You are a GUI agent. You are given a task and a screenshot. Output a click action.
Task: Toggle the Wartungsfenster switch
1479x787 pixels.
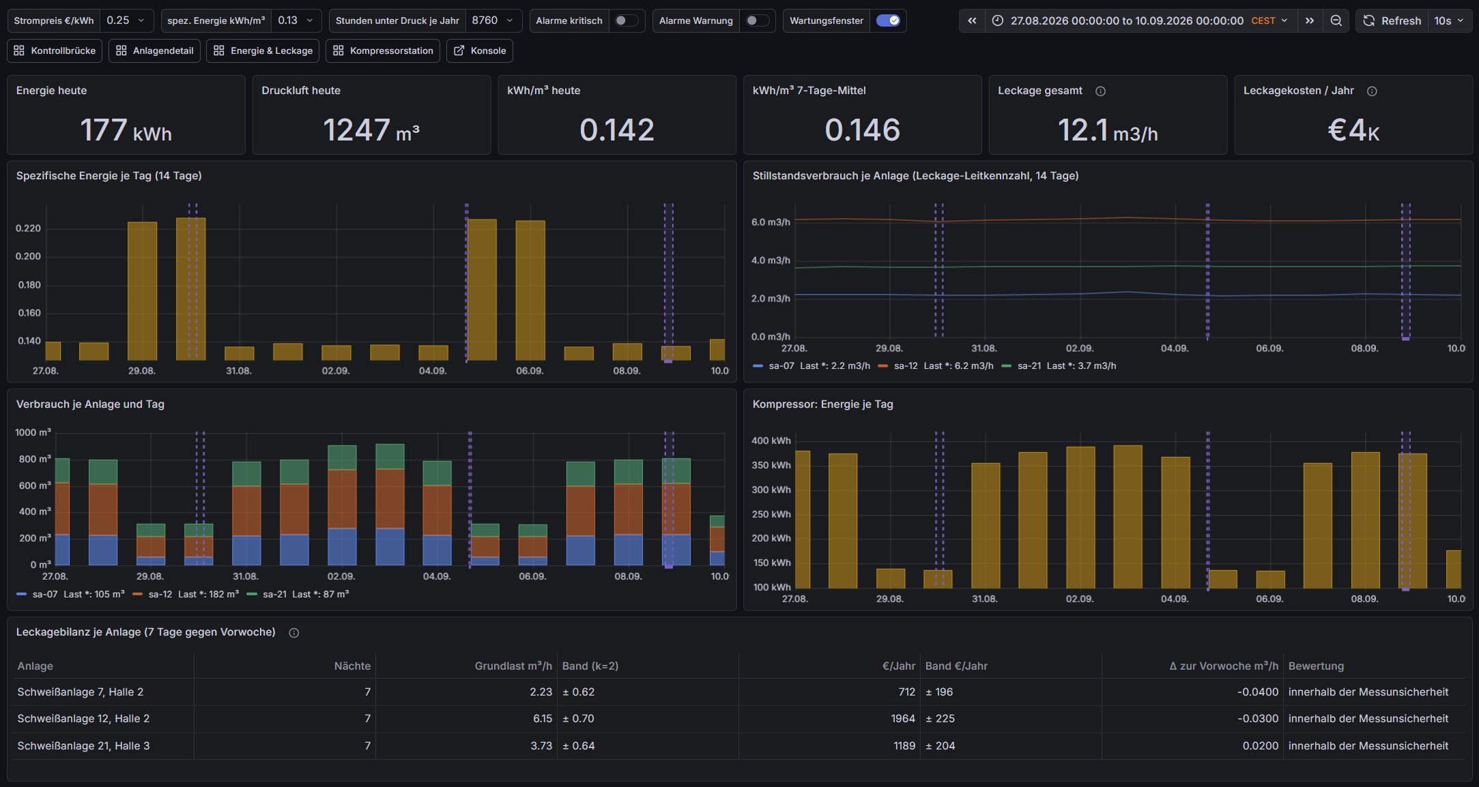(888, 20)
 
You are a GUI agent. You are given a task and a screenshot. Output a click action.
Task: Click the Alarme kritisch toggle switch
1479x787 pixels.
(626, 20)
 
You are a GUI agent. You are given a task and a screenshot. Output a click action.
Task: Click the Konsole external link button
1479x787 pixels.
(480, 50)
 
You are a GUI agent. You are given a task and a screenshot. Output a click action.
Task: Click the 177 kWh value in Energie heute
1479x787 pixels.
(126, 130)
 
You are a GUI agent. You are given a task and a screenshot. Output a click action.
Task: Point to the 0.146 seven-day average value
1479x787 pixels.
(863, 130)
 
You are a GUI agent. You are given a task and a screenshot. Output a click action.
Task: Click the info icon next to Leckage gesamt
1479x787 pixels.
(1100, 91)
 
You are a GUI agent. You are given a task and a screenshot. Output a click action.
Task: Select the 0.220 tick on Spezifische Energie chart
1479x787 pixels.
(28, 228)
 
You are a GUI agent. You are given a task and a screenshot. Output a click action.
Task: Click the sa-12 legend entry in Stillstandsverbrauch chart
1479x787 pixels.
(936, 366)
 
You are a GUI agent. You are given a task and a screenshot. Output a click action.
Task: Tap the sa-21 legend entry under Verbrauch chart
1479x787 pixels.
(298, 595)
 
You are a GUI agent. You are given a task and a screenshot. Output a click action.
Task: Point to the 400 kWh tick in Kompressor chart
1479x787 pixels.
(771, 441)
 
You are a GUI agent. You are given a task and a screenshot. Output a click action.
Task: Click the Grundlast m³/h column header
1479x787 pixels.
(513, 666)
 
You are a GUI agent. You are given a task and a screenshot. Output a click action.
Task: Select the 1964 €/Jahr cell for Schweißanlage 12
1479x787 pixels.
(903, 719)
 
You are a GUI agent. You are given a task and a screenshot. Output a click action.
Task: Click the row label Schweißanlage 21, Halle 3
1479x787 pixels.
(83, 746)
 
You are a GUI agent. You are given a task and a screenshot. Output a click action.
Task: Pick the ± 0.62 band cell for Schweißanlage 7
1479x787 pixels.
(578, 692)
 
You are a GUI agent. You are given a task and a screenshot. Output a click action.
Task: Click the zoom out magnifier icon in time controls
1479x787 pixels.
(1336, 20)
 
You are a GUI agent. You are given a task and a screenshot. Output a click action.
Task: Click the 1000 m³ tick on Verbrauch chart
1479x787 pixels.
(33, 432)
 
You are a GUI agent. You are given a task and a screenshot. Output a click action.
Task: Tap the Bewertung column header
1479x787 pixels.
(1316, 666)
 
